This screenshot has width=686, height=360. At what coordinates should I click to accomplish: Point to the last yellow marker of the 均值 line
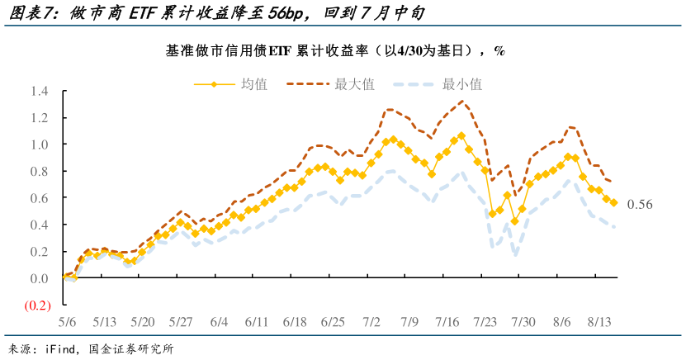click(613, 202)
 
